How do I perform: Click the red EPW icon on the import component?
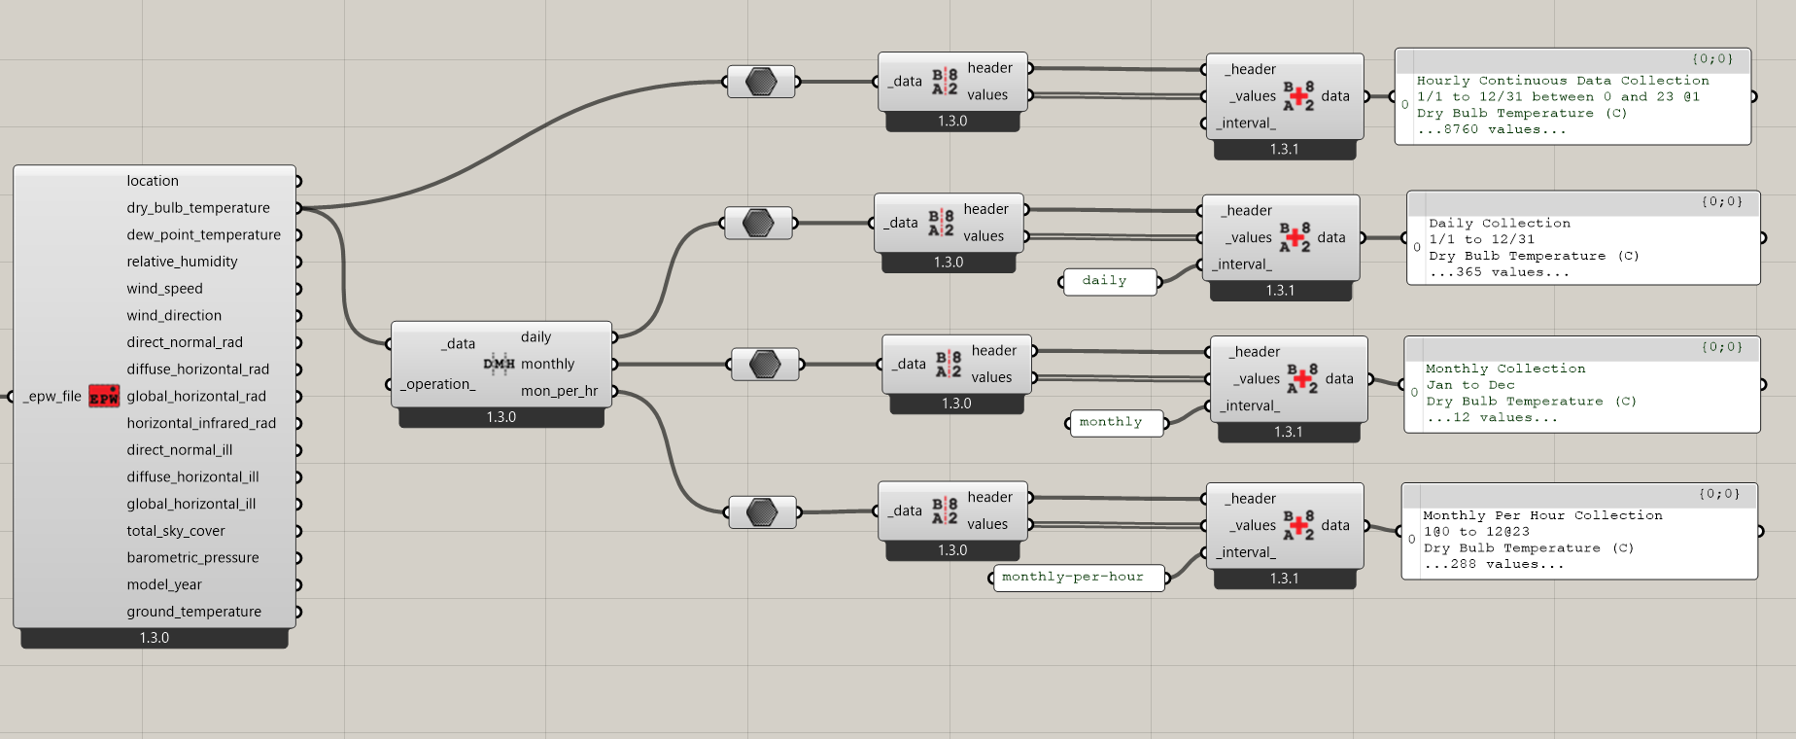[x=104, y=396]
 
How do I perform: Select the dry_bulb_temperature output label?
[x=198, y=208]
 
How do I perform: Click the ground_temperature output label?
[x=193, y=612]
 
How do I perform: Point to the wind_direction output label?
[x=174, y=316]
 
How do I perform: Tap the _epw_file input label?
[x=52, y=396]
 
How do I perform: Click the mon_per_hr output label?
[x=559, y=391]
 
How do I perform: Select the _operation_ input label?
[x=438, y=384]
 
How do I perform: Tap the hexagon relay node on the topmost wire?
[x=761, y=82]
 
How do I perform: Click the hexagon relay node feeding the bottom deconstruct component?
[x=762, y=511]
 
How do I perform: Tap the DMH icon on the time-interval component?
[x=499, y=364]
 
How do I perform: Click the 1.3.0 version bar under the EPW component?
[x=154, y=638]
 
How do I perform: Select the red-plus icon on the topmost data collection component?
[x=1298, y=95]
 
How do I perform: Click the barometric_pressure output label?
[x=192, y=558]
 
